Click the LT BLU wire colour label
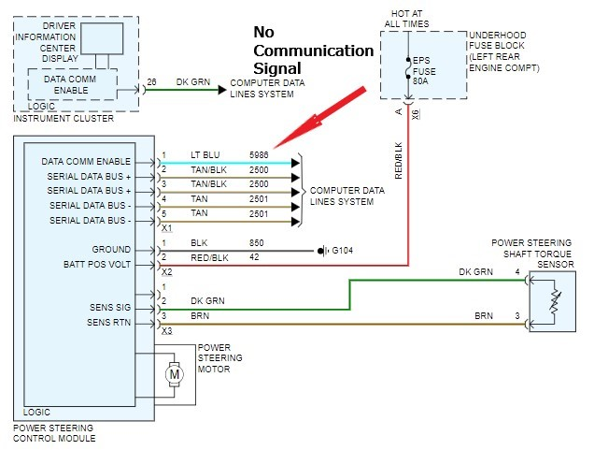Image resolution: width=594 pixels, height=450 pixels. coord(205,152)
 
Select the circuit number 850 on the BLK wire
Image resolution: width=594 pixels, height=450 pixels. coord(258,242)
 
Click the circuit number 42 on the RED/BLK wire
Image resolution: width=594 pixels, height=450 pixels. coord(255,256)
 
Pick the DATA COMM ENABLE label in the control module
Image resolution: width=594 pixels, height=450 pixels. coord(87,162)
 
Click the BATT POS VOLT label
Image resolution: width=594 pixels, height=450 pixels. coord(98,266)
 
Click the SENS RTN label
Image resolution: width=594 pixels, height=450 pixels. coord(108,323)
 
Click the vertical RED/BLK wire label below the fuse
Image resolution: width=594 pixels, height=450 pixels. coord(399,162)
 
